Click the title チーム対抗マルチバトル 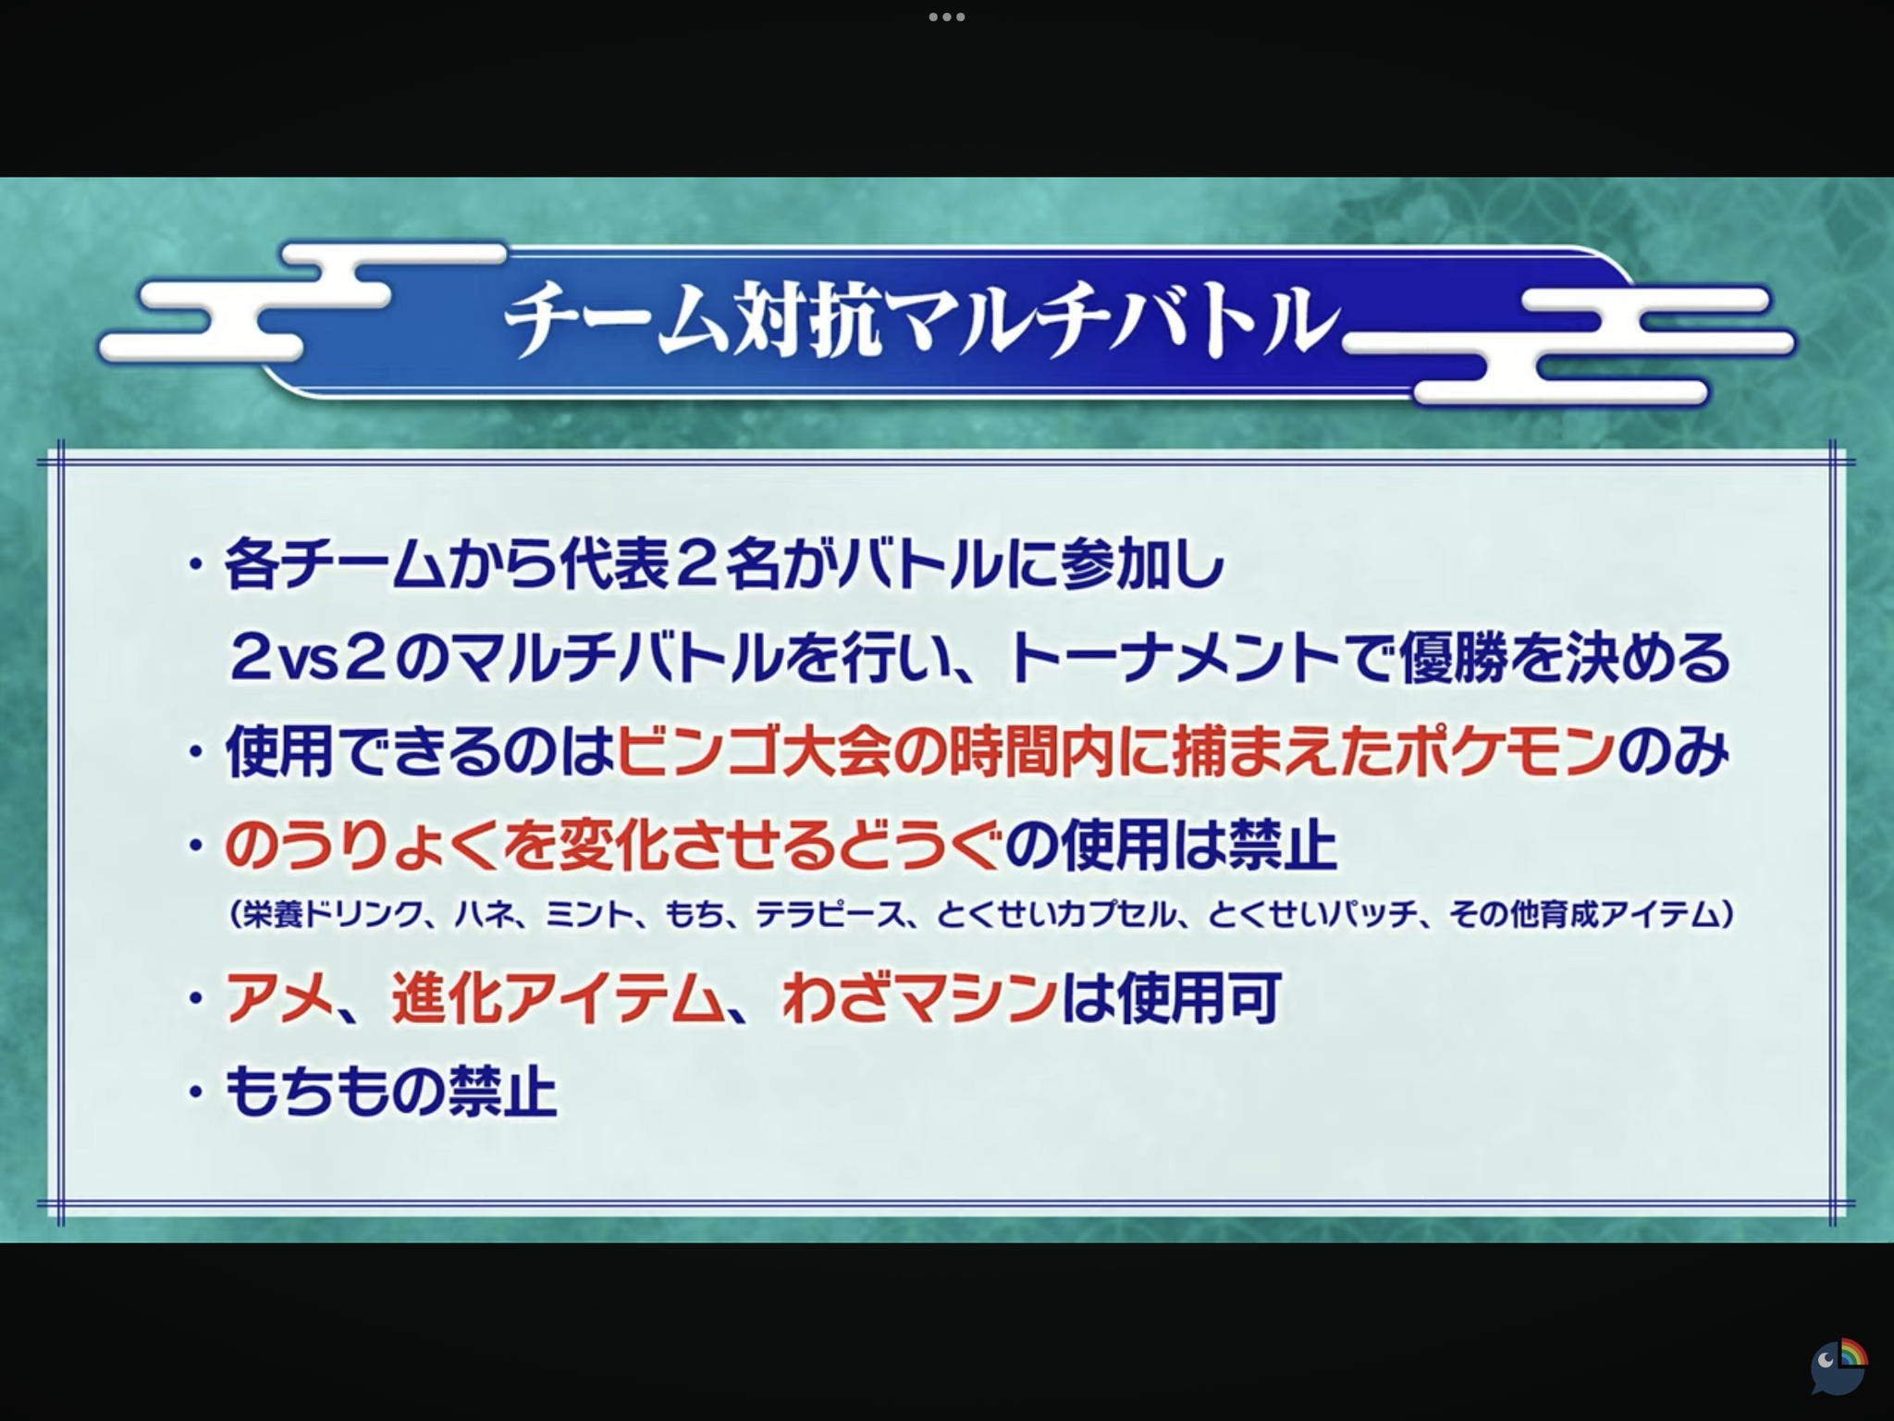[921, 320]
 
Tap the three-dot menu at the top [947, 17]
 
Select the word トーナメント [1174, 658]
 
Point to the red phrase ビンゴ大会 [753, 750]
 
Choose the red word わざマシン [919, 997]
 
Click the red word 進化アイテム [556, 997]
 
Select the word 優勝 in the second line [1453, 658]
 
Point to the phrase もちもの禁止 [391, 1092]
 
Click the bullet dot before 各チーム [195, 563]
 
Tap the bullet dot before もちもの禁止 [195, 1093]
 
